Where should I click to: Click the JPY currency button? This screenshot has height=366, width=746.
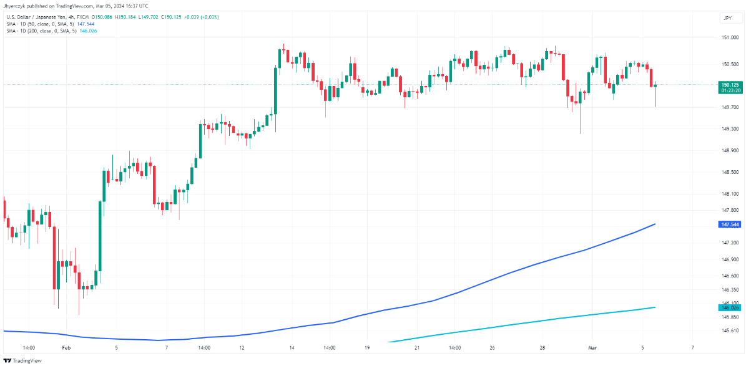click(727, 19)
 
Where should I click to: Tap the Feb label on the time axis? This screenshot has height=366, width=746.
click(67, 347)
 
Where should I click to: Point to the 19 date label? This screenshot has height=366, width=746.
click(367, 347)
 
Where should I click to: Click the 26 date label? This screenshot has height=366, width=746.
click(492, 347)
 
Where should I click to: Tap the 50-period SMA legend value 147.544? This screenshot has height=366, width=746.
click(86, 22)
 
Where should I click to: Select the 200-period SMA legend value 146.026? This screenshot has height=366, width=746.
click(87, 30)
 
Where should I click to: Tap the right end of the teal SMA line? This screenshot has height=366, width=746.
click(654, 307)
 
